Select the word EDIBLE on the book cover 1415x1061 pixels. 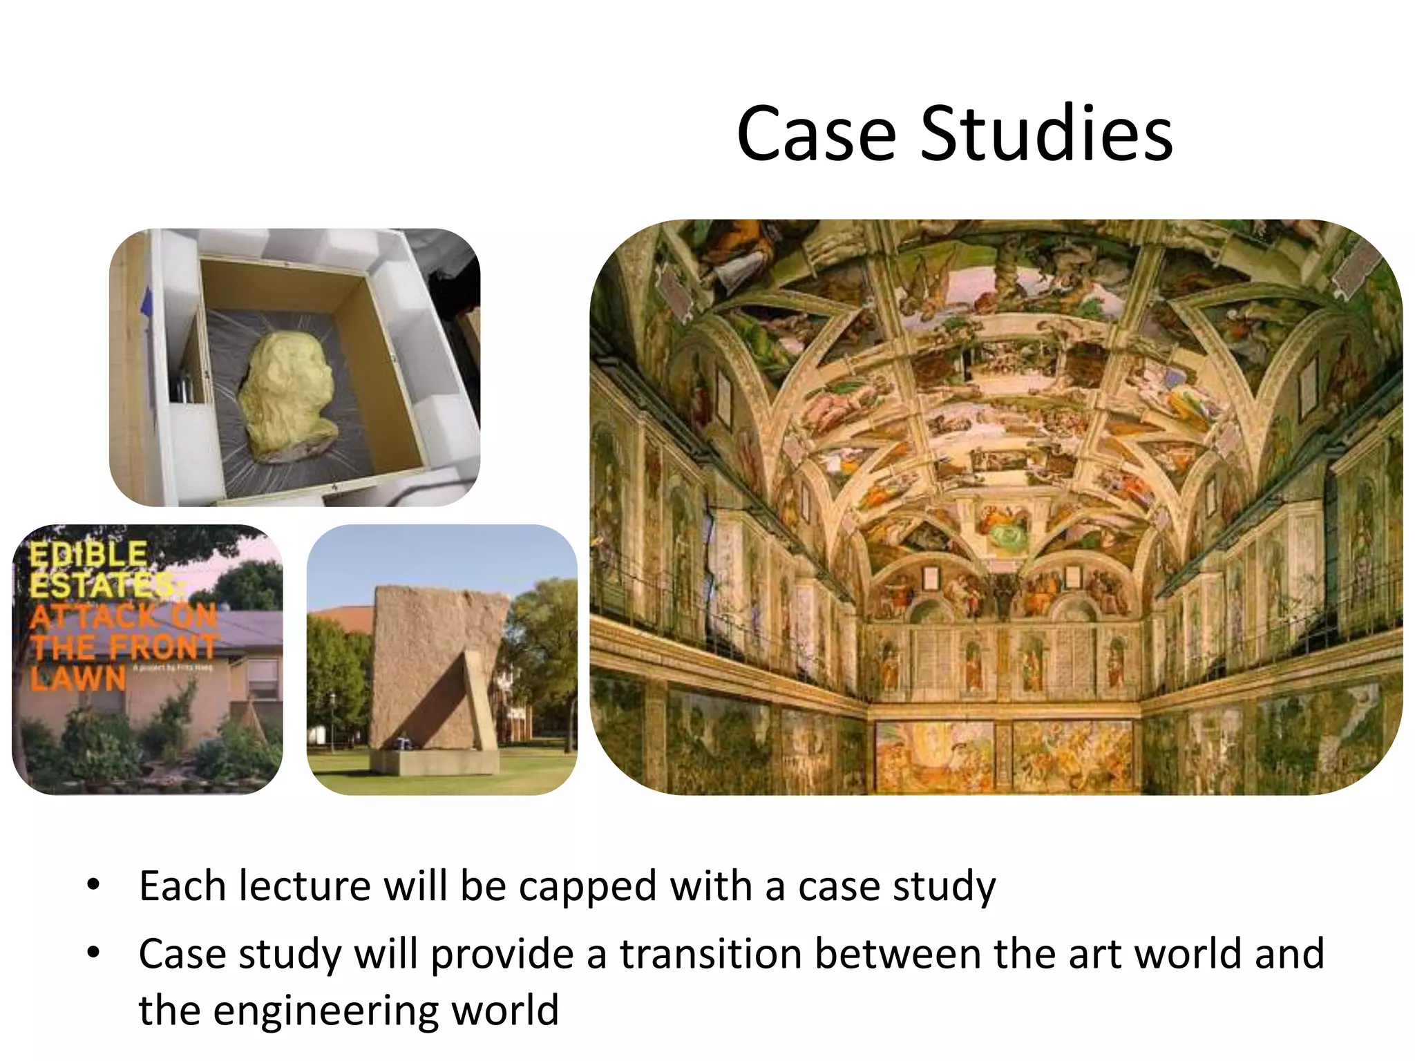pos(88,555)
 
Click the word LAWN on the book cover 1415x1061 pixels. pos(78,678)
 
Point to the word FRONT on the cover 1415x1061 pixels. pos(163,647)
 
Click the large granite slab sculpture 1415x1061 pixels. pos(428,663)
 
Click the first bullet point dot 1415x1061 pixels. pos(94,885)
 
